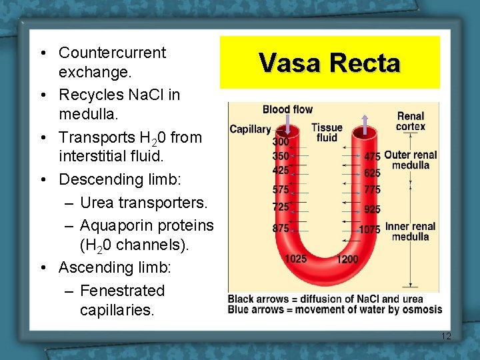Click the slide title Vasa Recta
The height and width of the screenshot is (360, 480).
point(329,63)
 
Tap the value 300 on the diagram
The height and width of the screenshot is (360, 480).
point(281,142)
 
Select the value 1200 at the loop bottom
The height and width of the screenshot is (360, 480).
point(347,259)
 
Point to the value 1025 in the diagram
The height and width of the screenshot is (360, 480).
point(295,258)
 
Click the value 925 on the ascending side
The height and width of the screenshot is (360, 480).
point(372,209)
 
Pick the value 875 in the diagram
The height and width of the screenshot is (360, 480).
point(281,228)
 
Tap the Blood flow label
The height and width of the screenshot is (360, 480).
point(287,109)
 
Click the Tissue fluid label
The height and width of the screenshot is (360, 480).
point(327,132)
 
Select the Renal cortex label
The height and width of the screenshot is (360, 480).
point(410,121)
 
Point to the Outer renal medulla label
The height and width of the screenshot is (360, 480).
point(410,160)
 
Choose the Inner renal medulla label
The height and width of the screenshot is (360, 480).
point(410,231)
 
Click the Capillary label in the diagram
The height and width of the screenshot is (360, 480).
point(250,129)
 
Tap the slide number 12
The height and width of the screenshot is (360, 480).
point(446,336)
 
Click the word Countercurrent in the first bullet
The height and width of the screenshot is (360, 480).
point(112,53)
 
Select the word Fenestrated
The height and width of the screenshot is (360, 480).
point(122,291)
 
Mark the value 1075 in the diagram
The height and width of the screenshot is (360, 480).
point(369,229)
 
